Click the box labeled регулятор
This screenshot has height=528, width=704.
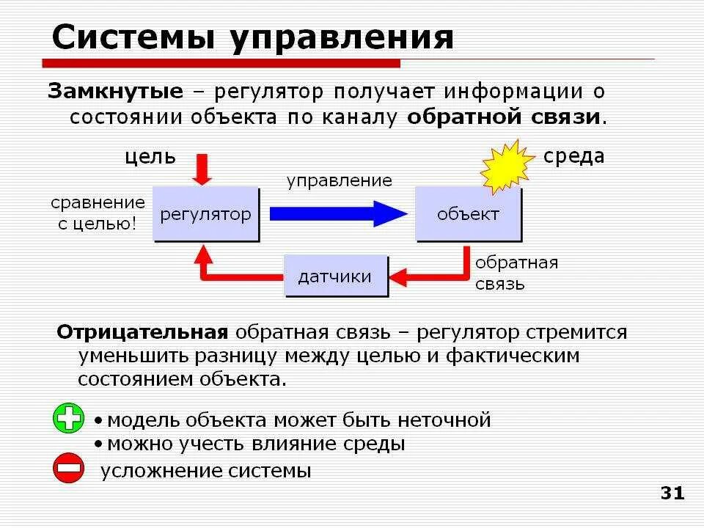(206, 214)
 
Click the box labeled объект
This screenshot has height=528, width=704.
(468, 214)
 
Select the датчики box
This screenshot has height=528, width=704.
(335, 276)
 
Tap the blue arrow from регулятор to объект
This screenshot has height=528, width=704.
(337, 213)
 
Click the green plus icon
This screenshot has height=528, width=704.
(69, 419)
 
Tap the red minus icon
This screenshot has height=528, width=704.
(69, 468)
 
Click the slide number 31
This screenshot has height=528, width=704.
(672, 493)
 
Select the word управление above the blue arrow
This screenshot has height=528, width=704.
(339, 180)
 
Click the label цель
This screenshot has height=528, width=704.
(150, 156)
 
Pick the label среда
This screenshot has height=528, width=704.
(573, 155)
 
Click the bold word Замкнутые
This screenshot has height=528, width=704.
(115, 92)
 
